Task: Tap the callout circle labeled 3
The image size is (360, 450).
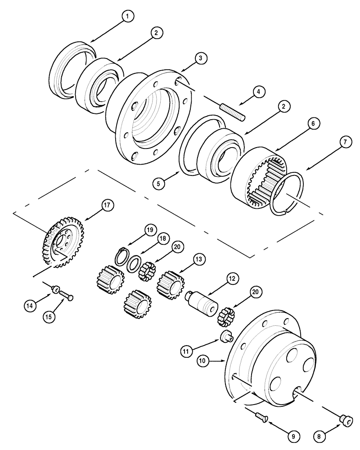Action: pos(201,58)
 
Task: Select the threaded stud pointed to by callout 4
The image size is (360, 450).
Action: pos(232,112)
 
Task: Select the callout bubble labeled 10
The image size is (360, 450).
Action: pos(203,360)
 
